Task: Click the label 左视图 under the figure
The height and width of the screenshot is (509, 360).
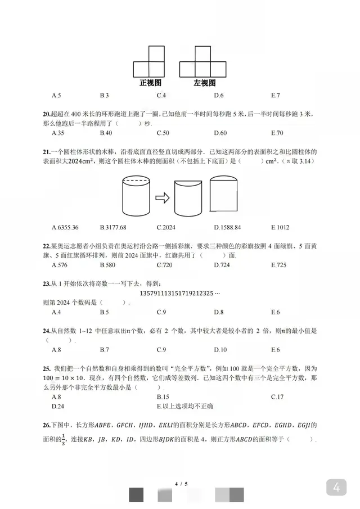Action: [205, 83]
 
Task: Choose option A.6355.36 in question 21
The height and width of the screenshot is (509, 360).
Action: [65, 228]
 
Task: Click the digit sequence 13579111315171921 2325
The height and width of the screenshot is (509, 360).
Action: [179, 293]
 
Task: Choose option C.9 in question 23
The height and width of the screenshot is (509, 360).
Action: [161, 312]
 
